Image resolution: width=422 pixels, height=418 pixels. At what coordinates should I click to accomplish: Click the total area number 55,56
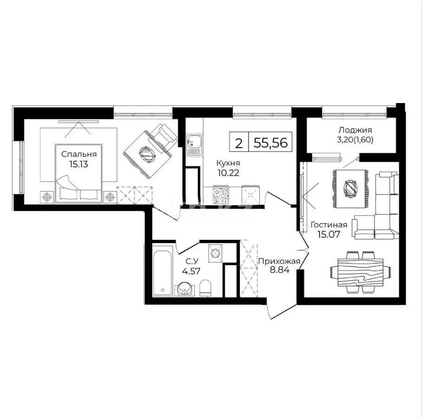(x=270, y=143)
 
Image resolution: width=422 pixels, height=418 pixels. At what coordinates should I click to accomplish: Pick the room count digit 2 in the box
(x=239, y=143)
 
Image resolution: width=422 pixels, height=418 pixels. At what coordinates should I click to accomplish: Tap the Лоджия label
(x=355, y=130)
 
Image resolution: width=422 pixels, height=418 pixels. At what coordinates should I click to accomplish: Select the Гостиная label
(x=329, y=225)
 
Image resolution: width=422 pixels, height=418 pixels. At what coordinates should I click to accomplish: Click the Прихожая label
(x=277, y=261)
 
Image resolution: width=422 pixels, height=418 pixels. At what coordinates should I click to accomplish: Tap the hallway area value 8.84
(x=277, y=270)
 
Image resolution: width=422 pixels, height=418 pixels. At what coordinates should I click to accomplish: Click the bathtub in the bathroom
(x=162, y=273)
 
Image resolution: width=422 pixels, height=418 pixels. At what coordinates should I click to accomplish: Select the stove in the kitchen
(x=221, y=195)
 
